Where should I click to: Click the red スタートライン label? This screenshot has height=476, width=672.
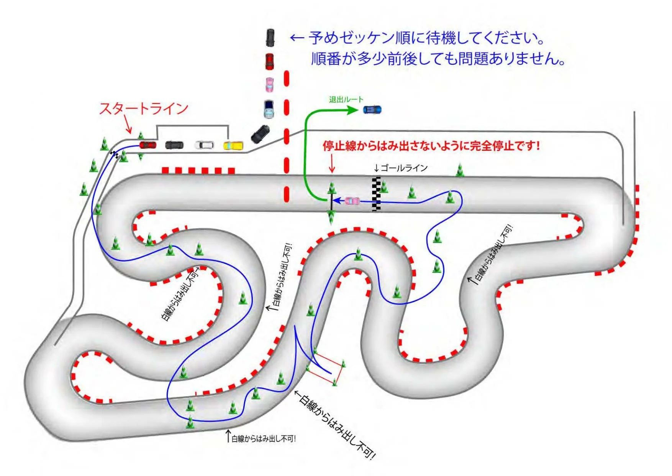point(144,108)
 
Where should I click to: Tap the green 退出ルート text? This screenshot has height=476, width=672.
point(346,100)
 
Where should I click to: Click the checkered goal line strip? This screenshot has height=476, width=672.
point(377,194)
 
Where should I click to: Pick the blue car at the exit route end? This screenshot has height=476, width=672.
point(372,110)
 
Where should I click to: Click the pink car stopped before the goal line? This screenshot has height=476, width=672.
point(352,201)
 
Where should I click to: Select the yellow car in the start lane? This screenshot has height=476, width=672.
point(233,146)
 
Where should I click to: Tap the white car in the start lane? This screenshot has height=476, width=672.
point(204,145)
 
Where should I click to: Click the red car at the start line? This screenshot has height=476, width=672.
point(148,145)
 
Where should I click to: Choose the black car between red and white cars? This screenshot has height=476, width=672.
point(174,145)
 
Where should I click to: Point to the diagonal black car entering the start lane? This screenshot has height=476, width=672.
point(260,134)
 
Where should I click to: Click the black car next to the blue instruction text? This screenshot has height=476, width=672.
point(270,38)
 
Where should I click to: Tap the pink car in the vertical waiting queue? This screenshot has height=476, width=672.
point(270,84)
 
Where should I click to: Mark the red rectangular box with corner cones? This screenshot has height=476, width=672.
point(326,368)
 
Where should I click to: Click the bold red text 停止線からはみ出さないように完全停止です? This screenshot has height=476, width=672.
point(431,146)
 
